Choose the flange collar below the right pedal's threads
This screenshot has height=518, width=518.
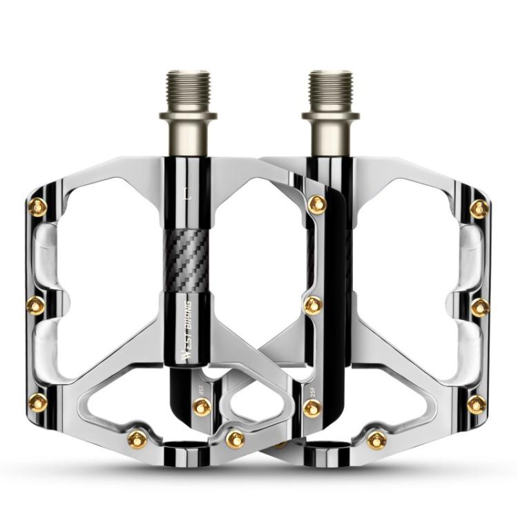coord(330,115)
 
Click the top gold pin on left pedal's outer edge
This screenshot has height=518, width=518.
coord(39,207)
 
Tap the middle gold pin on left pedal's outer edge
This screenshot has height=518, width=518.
coord(36,305)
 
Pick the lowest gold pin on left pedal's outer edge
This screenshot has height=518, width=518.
coord(39,403)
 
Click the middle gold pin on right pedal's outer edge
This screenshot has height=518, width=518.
coord(480,307)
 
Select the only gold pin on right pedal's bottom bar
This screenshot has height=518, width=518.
coord(376,439)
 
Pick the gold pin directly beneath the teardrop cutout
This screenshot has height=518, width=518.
coord(236,439)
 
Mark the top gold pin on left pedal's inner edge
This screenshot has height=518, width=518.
coord(317,204)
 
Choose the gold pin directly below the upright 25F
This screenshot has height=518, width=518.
coord(312,408)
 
